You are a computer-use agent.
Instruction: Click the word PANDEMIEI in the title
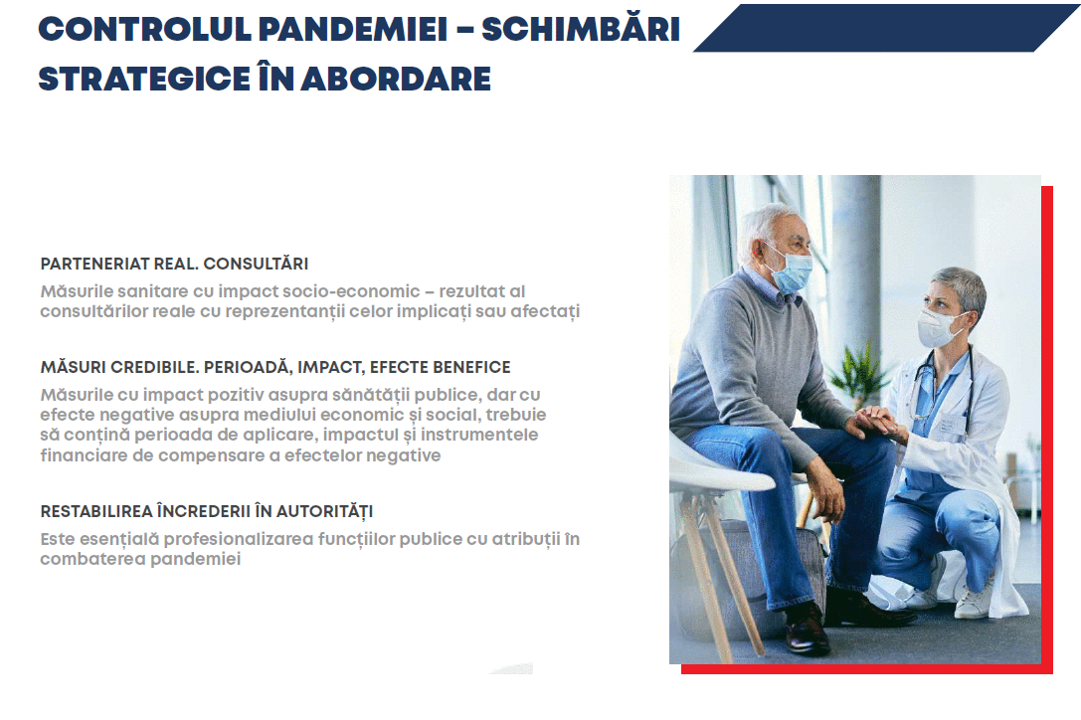click(x=353, y=29)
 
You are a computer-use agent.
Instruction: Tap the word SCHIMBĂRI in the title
click(x=581, y=29)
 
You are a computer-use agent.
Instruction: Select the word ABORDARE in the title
click(x=396, y=80)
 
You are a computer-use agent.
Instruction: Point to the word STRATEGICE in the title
click(x=143, y=80)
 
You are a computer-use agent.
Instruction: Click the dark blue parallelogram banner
click(x=886, y=28)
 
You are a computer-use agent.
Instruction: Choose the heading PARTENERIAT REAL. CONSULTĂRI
click(x=174, y=264)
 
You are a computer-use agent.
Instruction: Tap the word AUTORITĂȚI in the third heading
click(x=325, y=512)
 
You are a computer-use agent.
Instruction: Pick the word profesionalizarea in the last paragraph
click(x=240, y=539)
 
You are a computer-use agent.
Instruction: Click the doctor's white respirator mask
click(x=938, y=328)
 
